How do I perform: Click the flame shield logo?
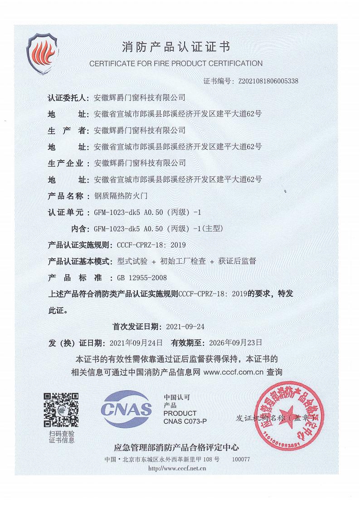click(x=43, y=52)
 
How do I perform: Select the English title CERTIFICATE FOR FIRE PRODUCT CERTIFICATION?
click(x=176, y=63)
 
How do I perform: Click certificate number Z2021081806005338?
click(x=268, y=81)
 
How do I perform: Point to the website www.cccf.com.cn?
click(x=234, y=372)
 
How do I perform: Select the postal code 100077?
click(x=241, y=459)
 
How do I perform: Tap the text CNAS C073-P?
click(x=185, y=422)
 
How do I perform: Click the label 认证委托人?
click(x=68, y=97)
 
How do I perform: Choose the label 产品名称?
click(x=66, y=196)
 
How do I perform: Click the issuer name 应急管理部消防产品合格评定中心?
click(x=177, y=448)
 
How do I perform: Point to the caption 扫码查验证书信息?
click(x=62, y=436)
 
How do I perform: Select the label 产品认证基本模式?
click(x=80, y=261)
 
